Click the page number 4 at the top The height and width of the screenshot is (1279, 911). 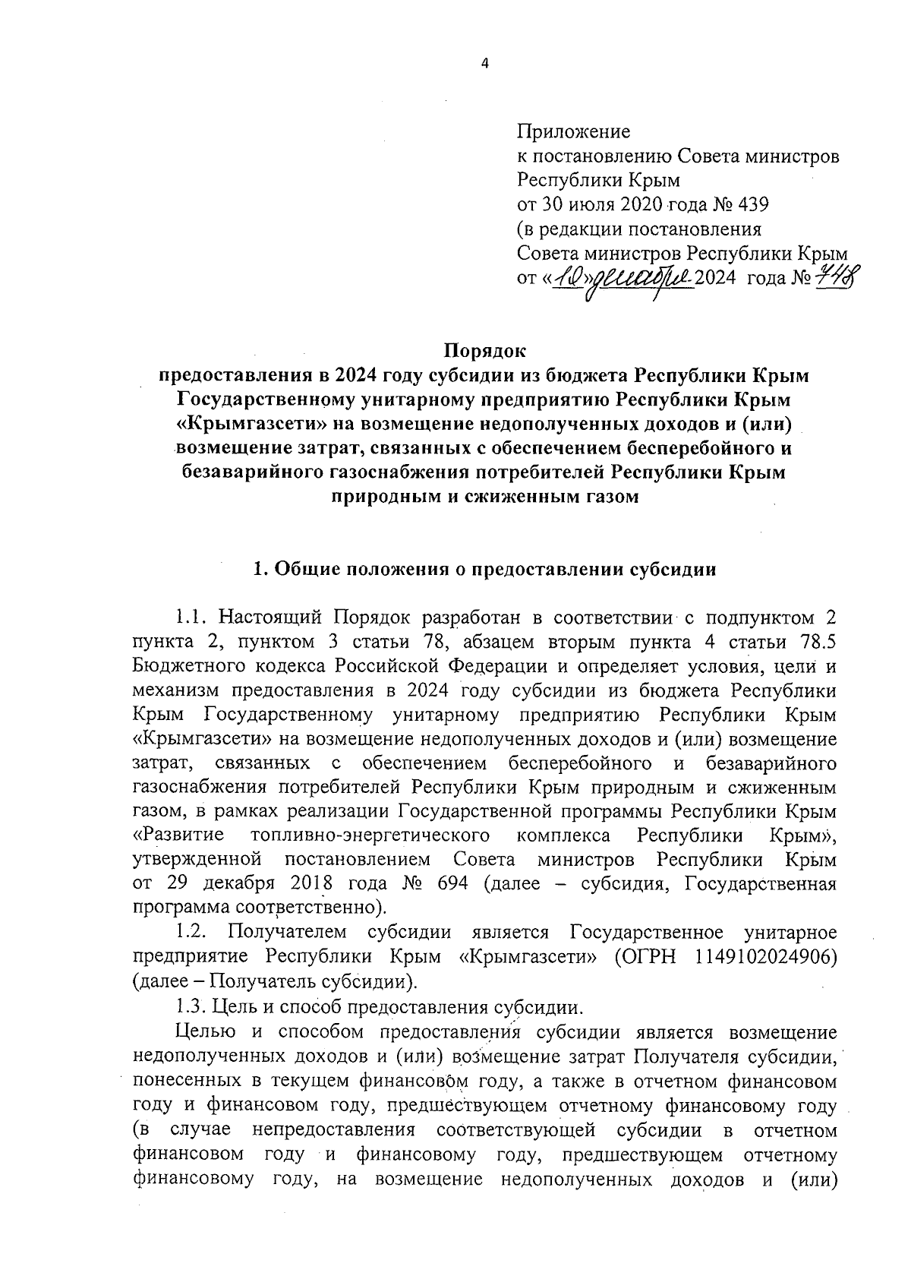pyautogui.click(x=484, y=64)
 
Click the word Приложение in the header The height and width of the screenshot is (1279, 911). pyautogui.click(x=573, y=132)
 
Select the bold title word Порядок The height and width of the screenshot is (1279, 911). pyautogui.click(x=484, y=352)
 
